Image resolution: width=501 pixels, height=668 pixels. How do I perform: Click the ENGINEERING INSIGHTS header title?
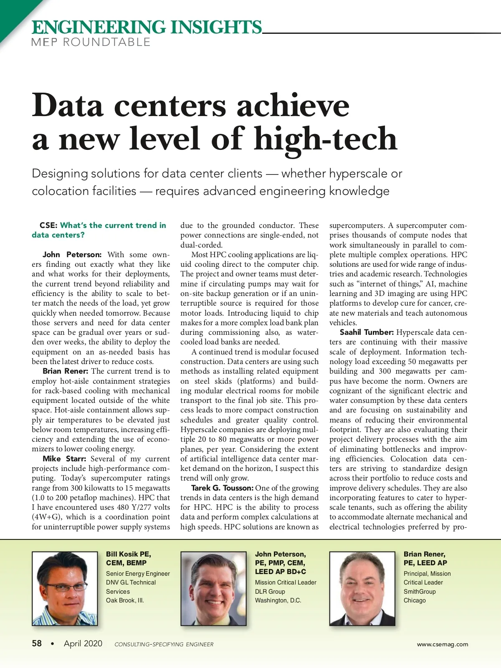coord(147,27)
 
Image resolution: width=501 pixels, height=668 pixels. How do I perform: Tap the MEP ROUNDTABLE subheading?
coord(91,42)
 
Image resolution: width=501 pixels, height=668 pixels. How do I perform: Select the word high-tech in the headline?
coord(326,139)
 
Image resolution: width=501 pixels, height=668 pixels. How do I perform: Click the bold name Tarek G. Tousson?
coord(222,488)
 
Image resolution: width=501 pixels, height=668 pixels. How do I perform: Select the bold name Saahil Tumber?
coord(367,332)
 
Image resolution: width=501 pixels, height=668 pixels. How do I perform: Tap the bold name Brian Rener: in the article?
coord(65,371)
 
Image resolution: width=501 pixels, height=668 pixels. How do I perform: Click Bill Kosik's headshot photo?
coord(65,588)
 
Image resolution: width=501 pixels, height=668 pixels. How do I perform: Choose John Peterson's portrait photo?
coord(213,588)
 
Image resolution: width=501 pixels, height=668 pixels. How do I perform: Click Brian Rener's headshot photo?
coord(362,588)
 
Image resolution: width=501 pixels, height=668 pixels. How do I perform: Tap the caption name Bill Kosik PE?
coord(129,554)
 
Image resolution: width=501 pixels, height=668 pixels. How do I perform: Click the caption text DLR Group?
coord(270,592)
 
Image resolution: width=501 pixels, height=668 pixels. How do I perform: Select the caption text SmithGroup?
coord(419,592)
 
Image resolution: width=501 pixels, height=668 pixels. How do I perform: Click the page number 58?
coord(37,643)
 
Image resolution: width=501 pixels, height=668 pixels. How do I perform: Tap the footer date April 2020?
coord(83,643)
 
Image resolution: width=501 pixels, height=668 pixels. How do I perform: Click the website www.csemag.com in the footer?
coord(442,644)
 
